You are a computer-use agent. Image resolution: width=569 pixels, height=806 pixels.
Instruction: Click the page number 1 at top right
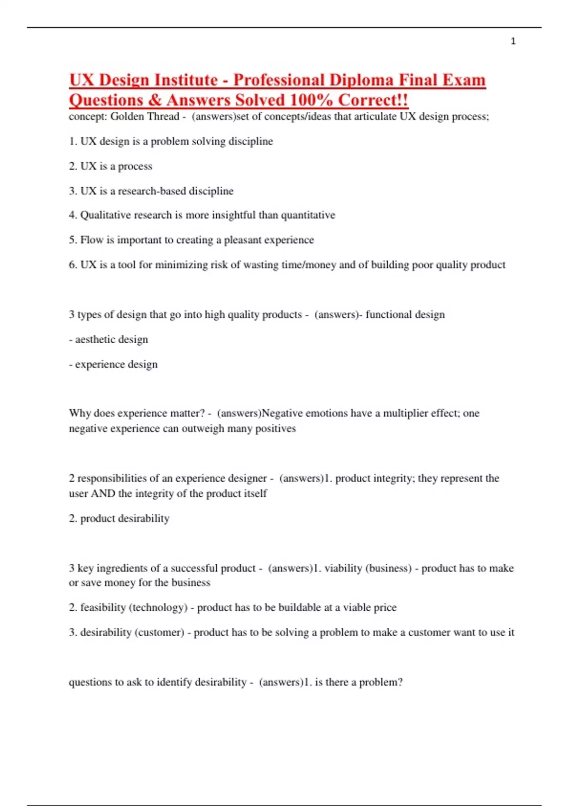(x=513, y=41)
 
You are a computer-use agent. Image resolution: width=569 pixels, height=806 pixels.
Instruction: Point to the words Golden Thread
(x=145, y=117)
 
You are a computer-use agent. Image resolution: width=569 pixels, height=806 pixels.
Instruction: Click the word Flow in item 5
(x=92, y=240)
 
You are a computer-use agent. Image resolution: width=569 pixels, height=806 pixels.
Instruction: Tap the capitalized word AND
(x=103, y=494)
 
